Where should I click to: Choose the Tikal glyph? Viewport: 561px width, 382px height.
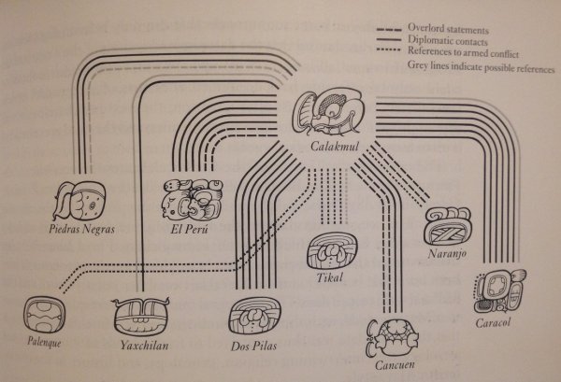[x=332, y=253]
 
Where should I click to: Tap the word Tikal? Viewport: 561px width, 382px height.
[x=331, y=277]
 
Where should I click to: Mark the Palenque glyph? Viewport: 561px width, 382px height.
[x=44, y=315]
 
